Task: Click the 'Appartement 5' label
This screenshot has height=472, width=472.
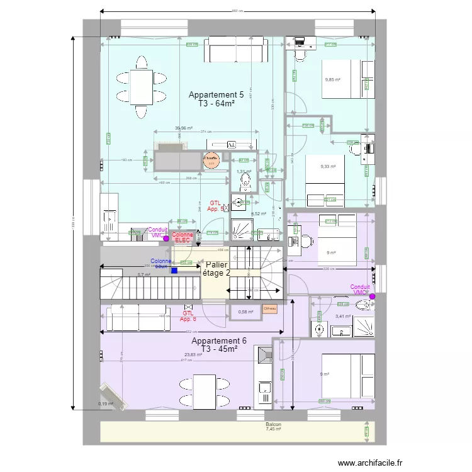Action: coord(216,95)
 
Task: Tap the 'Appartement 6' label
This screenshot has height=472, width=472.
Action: coord(218,340)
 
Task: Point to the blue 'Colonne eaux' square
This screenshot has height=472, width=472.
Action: coord(174,271)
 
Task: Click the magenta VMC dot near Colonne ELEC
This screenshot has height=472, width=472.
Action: coord(166,239)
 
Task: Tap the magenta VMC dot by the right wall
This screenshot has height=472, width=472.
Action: coord(373,296)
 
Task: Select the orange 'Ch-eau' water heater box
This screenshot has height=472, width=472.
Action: coord(270,308)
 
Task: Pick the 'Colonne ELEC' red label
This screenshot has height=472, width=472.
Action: coord(183,237)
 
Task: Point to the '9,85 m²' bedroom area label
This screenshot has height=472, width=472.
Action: coord(332,80)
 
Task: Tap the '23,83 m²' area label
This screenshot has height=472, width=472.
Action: coord(193,355)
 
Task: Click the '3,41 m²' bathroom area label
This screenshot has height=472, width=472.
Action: coord(343,317)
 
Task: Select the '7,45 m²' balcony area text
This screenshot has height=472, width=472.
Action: coord(273,430)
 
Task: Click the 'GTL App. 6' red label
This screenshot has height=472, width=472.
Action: coord(188,316)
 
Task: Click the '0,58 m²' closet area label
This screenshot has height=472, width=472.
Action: coord(245,312)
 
